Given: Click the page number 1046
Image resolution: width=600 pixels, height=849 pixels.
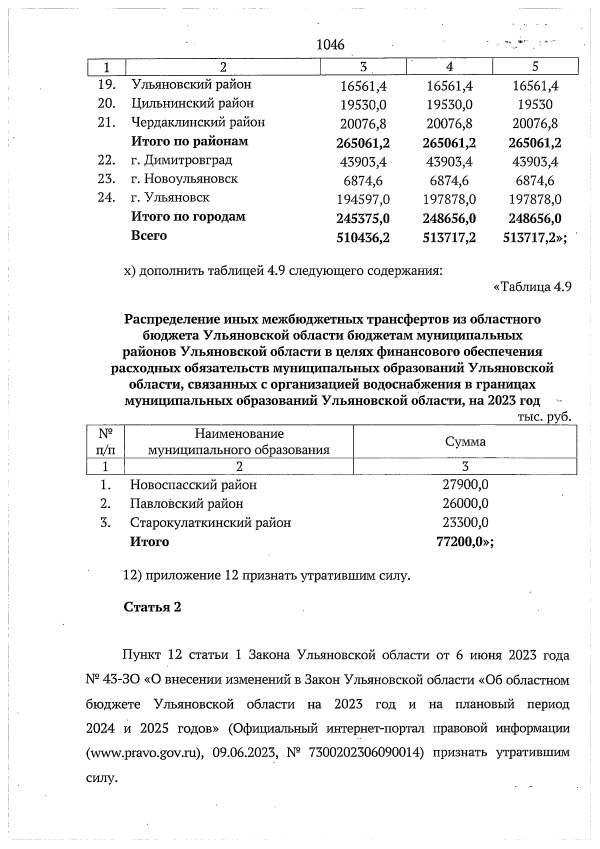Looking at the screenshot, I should point(330,45).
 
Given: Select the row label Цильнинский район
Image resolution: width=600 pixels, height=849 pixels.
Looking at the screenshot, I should point(192,103).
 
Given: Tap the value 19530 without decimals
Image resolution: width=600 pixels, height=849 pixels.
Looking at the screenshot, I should point(535,105).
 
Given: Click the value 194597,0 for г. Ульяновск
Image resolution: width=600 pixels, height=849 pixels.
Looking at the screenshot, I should point(363,200).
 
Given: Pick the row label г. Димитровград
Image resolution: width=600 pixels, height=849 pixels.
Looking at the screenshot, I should point(181,160).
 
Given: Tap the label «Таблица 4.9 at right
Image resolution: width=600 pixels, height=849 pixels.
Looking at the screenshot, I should point(532,287).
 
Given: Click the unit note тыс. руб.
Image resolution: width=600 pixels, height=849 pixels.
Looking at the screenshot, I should point(544,416).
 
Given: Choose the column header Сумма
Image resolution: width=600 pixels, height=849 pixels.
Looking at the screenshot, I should point(465,441).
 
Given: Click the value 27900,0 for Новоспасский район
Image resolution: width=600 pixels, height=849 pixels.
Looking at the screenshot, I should point(465,484).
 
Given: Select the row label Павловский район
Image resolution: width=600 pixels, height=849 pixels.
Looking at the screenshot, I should point(186,503).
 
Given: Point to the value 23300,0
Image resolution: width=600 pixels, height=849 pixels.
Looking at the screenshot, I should point(465,522).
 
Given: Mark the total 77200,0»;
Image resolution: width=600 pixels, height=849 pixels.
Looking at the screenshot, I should point(465,542).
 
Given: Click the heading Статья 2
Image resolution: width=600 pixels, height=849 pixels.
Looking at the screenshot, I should point(152,607).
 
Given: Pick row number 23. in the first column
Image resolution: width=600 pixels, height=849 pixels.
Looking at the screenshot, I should point(106,179).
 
